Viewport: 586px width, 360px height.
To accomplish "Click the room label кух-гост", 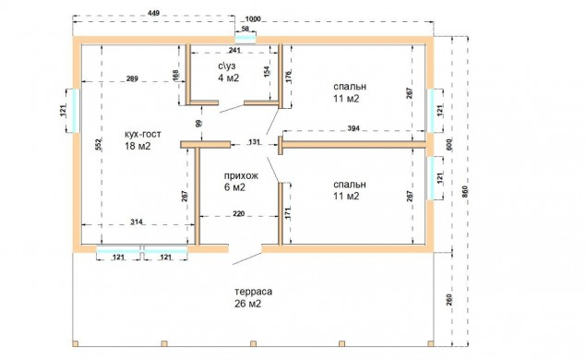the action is [143, 134].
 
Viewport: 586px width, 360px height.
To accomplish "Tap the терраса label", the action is [254, 292].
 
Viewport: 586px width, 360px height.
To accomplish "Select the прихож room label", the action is [241, 175].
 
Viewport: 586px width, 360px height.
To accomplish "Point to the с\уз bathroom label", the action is [227, 66].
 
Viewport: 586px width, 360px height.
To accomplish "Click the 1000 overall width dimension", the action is [253, 19].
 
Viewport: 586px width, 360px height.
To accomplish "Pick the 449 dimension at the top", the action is [153, 13].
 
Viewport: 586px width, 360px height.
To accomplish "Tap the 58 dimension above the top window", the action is [245, 29].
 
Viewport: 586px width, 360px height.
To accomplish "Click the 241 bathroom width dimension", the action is [234, 50].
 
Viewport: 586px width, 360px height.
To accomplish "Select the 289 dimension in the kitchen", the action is [132, 78].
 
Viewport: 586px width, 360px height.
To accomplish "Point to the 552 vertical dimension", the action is [99, 145].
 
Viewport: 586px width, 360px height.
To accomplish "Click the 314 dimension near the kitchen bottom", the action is [137, 222].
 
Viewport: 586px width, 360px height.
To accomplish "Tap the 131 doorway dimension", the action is [254, 142].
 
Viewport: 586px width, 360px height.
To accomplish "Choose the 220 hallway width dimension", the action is [239, 213].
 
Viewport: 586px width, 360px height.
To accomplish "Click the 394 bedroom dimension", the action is [353, 128].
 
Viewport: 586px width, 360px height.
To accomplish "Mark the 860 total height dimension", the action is [464, 192].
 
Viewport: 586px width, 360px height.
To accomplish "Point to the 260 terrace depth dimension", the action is [448, 300].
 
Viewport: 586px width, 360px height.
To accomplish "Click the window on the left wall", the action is [76, 111].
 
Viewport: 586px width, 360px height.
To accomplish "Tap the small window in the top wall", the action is [245, 40].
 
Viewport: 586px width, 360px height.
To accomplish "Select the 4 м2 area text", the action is [228, 78].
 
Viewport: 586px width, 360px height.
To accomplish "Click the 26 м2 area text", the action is [247, 304].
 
